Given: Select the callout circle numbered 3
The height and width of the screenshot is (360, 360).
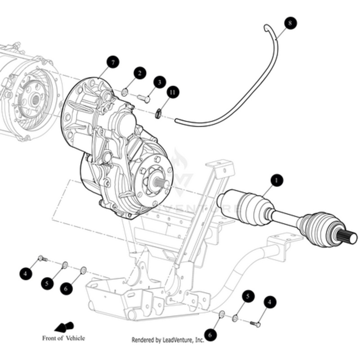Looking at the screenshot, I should [x=159, y=82].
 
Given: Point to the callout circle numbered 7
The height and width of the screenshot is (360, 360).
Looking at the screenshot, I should [x=112, y=62].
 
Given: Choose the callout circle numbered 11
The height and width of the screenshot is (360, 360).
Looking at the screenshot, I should [x=172, y=92].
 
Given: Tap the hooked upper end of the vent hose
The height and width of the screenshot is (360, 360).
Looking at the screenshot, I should [x=266, y=28].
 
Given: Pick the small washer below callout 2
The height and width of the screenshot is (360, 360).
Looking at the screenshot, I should [x=125, y=93].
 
